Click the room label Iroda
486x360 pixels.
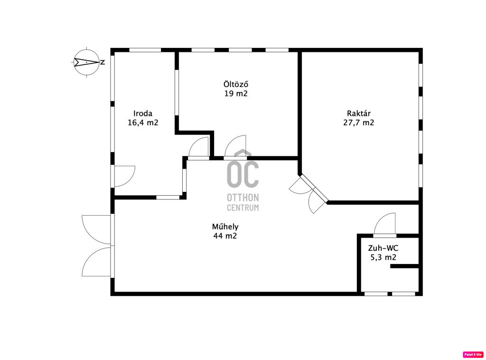[143, 114]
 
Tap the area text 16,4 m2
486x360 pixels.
[143, 123]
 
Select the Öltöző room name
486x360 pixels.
[236, 84]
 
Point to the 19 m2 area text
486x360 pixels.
[236, 94]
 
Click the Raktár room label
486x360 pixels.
[359, 114]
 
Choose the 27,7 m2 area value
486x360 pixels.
[359, 123]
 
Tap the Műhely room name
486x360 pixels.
[225, 227]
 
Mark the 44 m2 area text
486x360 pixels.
[225, 236]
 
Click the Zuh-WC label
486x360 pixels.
[383, 248]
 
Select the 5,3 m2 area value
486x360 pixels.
[383, 257]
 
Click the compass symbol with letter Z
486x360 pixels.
[87, 62]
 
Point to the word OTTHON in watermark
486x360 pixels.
[243, 198]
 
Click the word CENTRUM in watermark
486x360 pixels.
[243, 208]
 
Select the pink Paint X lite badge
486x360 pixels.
[473, 354]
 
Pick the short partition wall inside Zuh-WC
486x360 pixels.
[404, 266]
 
